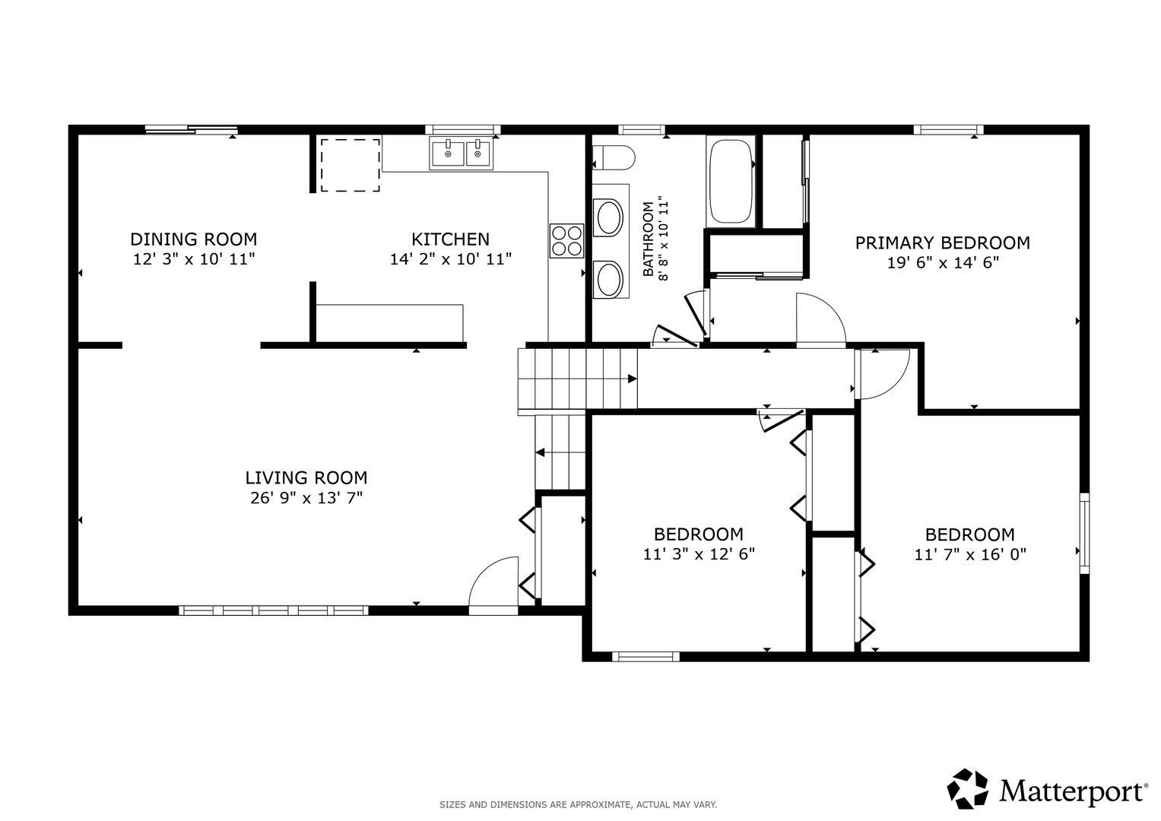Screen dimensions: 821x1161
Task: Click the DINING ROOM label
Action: point(193,239)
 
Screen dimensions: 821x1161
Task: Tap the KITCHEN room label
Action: point(450,239)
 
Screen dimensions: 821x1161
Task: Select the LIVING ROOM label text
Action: point(306,478)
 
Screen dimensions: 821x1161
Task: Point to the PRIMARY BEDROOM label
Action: point(942,243)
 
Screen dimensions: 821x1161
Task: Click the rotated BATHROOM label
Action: point(649,239)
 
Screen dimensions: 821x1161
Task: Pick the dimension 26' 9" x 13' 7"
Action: point(306,499)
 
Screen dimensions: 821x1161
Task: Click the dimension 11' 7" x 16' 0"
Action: point(969,555)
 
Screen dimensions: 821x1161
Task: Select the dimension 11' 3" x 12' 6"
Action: point(698,555)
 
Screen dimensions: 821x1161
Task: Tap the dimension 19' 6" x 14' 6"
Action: point(942,264)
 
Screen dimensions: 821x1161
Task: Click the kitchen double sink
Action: point(462,154)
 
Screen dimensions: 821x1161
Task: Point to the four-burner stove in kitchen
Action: point(566,241)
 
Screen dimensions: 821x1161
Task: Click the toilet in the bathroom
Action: point(613,157)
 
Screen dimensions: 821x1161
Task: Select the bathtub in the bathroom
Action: point(731,181)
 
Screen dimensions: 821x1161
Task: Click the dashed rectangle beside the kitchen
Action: point(350,165)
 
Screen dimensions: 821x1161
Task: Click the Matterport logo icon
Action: point(968,788)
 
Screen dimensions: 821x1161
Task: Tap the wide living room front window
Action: point(274,610)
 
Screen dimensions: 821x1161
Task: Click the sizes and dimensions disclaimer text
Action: point(578,804)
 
